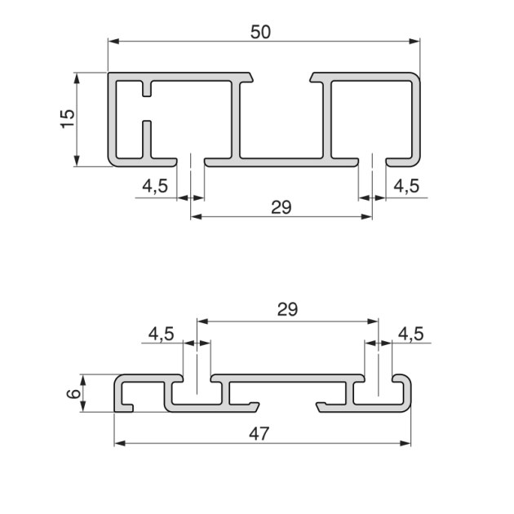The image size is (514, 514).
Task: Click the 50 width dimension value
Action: coord(260,32)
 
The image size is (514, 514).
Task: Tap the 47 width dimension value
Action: coord(260,433)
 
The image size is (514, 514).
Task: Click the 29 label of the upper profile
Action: coord(281,207)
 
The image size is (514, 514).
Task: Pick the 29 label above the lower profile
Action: coord(287,309)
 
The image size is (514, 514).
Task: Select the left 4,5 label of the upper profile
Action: coord(155,186)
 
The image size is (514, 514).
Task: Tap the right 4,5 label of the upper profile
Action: coord(405,186)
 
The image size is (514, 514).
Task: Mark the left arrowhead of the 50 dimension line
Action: coord(113,41)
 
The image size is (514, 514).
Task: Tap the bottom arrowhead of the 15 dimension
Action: coord(77,162)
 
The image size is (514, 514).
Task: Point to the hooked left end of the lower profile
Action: coord(125,395)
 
